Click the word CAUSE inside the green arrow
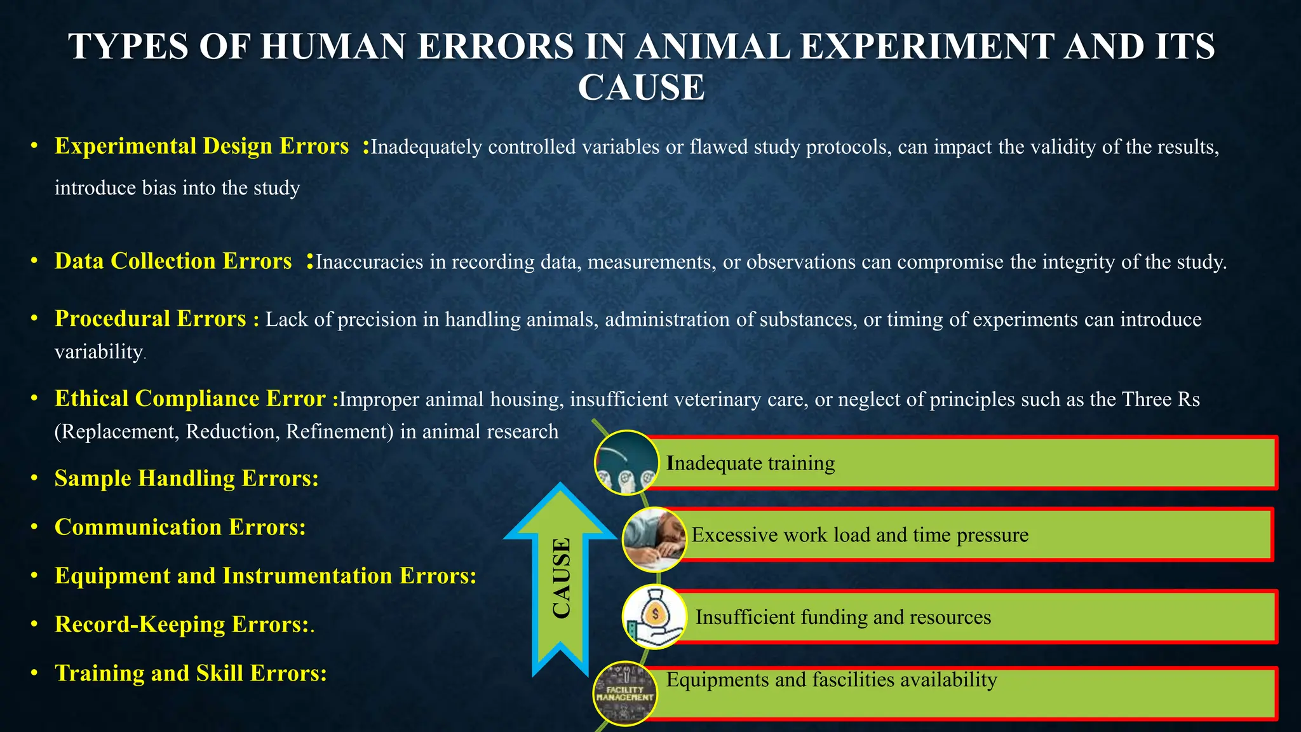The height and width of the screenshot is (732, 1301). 561,578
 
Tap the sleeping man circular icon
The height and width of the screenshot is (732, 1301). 654,539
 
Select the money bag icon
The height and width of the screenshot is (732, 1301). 654,616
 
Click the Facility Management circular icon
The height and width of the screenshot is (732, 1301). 625,693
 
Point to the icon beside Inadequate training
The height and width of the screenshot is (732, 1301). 626,462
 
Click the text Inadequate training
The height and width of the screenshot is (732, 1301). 751,463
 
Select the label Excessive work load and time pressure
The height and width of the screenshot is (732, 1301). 859,535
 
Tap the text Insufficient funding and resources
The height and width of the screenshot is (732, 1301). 843,617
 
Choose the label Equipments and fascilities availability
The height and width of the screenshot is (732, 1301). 831,680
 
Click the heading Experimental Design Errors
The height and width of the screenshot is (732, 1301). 201,146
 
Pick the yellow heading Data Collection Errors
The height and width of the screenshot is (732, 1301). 173,261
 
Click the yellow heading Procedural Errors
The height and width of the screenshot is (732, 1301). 150,318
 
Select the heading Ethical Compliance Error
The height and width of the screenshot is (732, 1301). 190,398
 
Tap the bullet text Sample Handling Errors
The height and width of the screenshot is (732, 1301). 186,478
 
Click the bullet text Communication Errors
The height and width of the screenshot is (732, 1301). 180,527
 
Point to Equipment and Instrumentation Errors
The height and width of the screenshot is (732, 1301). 265,576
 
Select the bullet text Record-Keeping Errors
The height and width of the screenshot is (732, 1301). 181,625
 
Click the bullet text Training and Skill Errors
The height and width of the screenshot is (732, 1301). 191,673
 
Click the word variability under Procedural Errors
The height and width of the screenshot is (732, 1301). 98,351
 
